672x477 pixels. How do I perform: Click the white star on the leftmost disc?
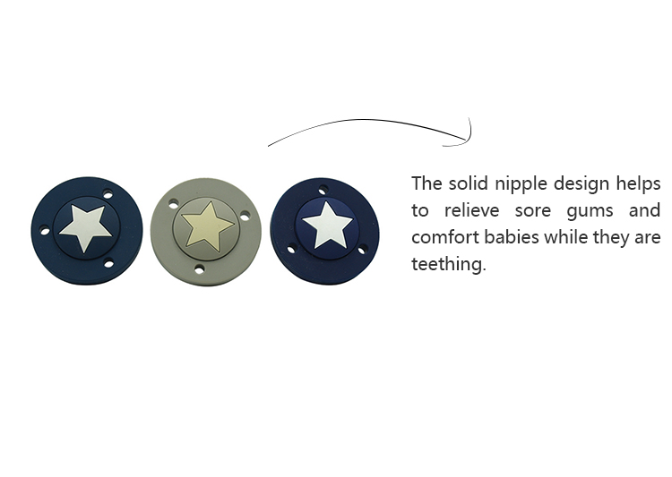[x=86, y=227]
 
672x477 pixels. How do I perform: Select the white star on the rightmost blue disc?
[x=327, y=226]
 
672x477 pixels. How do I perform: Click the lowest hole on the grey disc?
[x=199, y=268]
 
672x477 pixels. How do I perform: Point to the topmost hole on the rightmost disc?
[x=323, y=189]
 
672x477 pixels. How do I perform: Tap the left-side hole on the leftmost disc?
[x=45, y=231]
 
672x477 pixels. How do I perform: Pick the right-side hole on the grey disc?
[x=245, y=217]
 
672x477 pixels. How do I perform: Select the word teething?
[x=448, y=263]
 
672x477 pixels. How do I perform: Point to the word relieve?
[x=471, y=210]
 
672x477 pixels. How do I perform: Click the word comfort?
[x=445, y=237]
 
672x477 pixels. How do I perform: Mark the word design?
[x=582, y=184]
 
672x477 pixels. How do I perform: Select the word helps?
[x=639, y=184]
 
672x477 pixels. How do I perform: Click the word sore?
[x=533, y=211]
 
